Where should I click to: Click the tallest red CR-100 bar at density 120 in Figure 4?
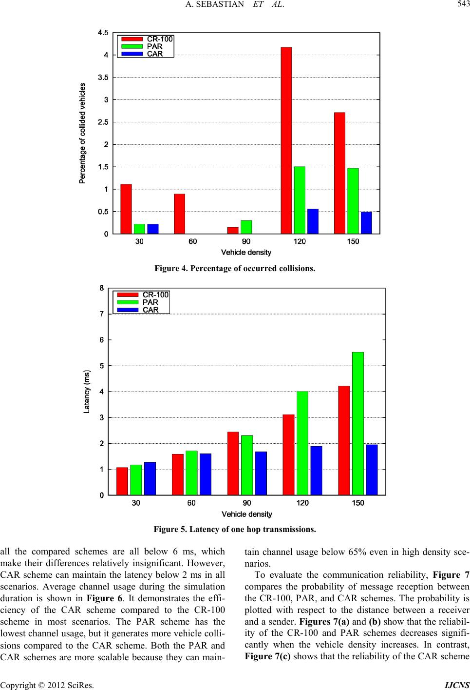286,140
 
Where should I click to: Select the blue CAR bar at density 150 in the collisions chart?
366,223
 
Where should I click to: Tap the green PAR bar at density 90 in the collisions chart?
246,227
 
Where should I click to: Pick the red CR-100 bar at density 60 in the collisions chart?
180,214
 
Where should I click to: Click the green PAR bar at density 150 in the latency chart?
357,424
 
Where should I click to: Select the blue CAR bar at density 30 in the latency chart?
150,478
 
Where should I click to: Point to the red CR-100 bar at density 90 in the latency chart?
233,463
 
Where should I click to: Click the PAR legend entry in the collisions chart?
142,46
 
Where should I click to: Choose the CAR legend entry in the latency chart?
138,310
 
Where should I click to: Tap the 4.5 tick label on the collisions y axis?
103,33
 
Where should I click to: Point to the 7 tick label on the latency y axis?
101,314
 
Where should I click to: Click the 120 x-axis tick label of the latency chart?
302,503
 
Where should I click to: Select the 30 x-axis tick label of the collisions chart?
139,241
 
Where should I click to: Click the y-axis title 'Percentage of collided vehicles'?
82,133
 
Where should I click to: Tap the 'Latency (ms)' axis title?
87,392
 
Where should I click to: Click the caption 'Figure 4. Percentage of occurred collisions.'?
235,268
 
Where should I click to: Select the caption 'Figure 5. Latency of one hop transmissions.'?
235,529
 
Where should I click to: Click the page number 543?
463,4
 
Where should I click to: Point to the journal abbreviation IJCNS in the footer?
457,685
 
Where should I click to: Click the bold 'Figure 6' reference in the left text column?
105,598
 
